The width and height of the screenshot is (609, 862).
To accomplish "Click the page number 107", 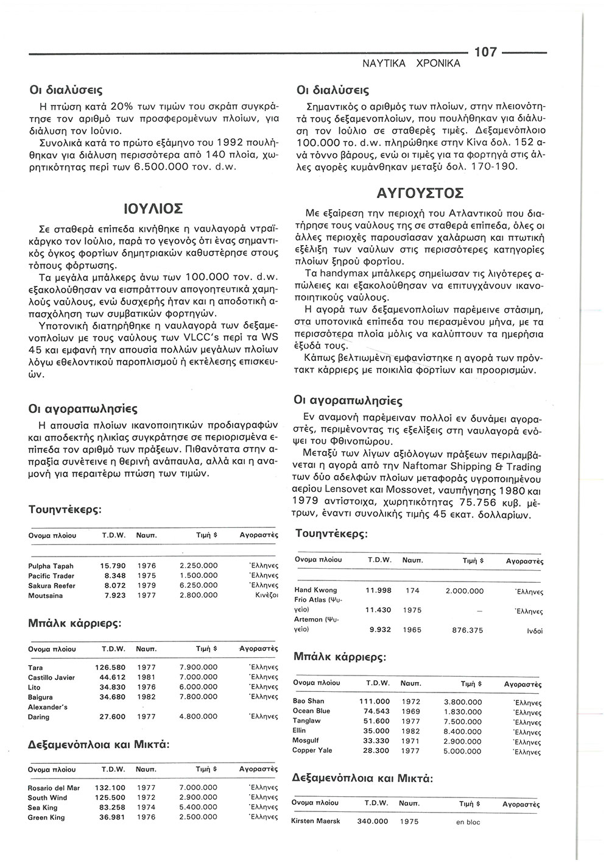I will [x=485, y=52].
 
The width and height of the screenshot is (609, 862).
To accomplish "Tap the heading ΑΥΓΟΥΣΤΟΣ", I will [x=421, y=193].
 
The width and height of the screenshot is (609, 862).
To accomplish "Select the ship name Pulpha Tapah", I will [x=51, y=566].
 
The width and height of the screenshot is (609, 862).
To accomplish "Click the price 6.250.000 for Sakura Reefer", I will [x=199, y=586].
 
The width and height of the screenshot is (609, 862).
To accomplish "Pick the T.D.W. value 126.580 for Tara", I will [x=111, y=668].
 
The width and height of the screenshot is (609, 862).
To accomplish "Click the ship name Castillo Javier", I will [x=52, y=677].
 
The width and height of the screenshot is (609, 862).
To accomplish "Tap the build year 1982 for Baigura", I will [x=146, y=697].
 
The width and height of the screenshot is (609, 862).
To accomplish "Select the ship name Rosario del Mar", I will [x=54, y=788].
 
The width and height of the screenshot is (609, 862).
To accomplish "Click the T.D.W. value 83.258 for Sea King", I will [x=111, y=807].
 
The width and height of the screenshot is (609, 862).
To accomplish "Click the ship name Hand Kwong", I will [x=315, y=590].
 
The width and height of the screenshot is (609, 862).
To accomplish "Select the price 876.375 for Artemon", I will [x=465, y=630].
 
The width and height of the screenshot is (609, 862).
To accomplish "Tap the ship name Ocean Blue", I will [x=311, y=711].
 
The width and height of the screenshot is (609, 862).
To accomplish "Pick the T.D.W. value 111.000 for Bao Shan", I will [x=375, y=702].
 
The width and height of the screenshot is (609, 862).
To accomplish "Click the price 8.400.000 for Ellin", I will [x=463, y=730].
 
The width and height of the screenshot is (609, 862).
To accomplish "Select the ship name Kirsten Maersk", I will [x=316, y=821].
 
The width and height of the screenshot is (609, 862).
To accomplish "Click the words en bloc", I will [x=468, y=822].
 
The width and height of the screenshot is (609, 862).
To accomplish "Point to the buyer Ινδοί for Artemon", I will [x=528, y=631].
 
